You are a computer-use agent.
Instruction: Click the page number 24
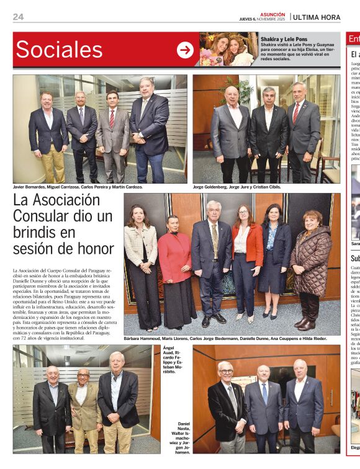pyautogui.click(x=18, y=17)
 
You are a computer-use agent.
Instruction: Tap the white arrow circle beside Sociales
pyautogui.click(x=185, y=50)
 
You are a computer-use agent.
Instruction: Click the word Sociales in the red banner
pyautogui.click(x=59, y=50)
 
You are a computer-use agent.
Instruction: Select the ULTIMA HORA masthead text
pyautogui.click(x=317, y=17)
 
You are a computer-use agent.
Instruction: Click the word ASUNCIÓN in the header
pyautogui.click(x=272, y=14)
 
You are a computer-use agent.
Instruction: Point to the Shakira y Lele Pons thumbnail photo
pyautogui.click(x=228, y=49)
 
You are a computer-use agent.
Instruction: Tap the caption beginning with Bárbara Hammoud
pyautogui.click(x=225, y=339)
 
